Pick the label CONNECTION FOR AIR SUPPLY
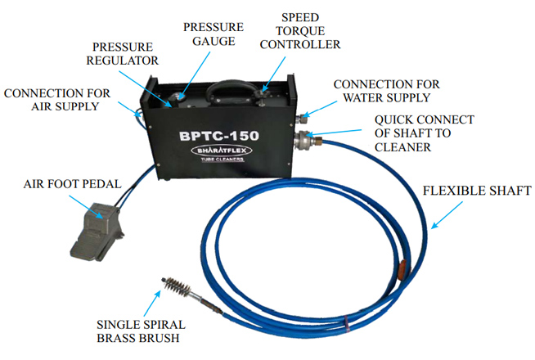(x=51, y=100)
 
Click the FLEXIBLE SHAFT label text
(x=478, y=192)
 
